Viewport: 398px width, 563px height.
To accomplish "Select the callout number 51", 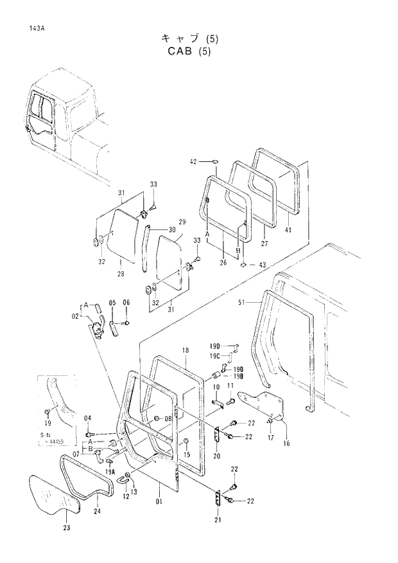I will pyautogui.click(x=241, y=302).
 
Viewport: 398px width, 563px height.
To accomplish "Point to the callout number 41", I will pyautogui.click(x=288, y=230).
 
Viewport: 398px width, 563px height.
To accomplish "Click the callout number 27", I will pyautogui.click(x=264, y=244).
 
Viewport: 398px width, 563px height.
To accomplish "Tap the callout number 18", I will pyautogui.click(x=185, y=350).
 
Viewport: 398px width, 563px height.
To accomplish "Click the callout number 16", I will pyautogui.click(x=286, y=443).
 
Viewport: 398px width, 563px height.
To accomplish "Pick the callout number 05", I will pyautogui.click(x=112, y=302).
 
